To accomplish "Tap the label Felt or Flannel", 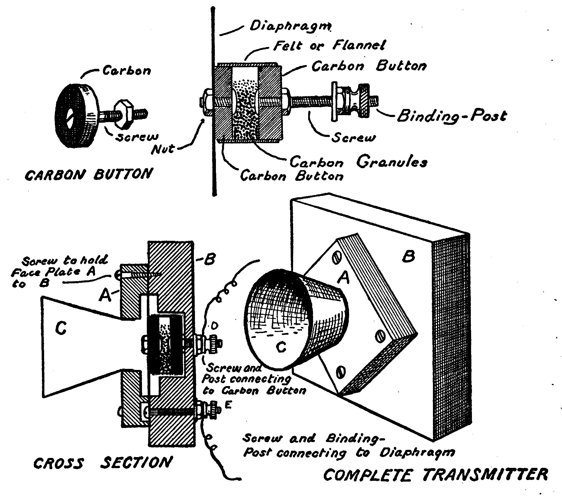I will (329, 45).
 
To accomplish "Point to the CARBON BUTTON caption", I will (88, 175).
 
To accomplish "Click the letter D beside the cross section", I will (215, 326).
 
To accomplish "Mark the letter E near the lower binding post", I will (229, 405).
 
